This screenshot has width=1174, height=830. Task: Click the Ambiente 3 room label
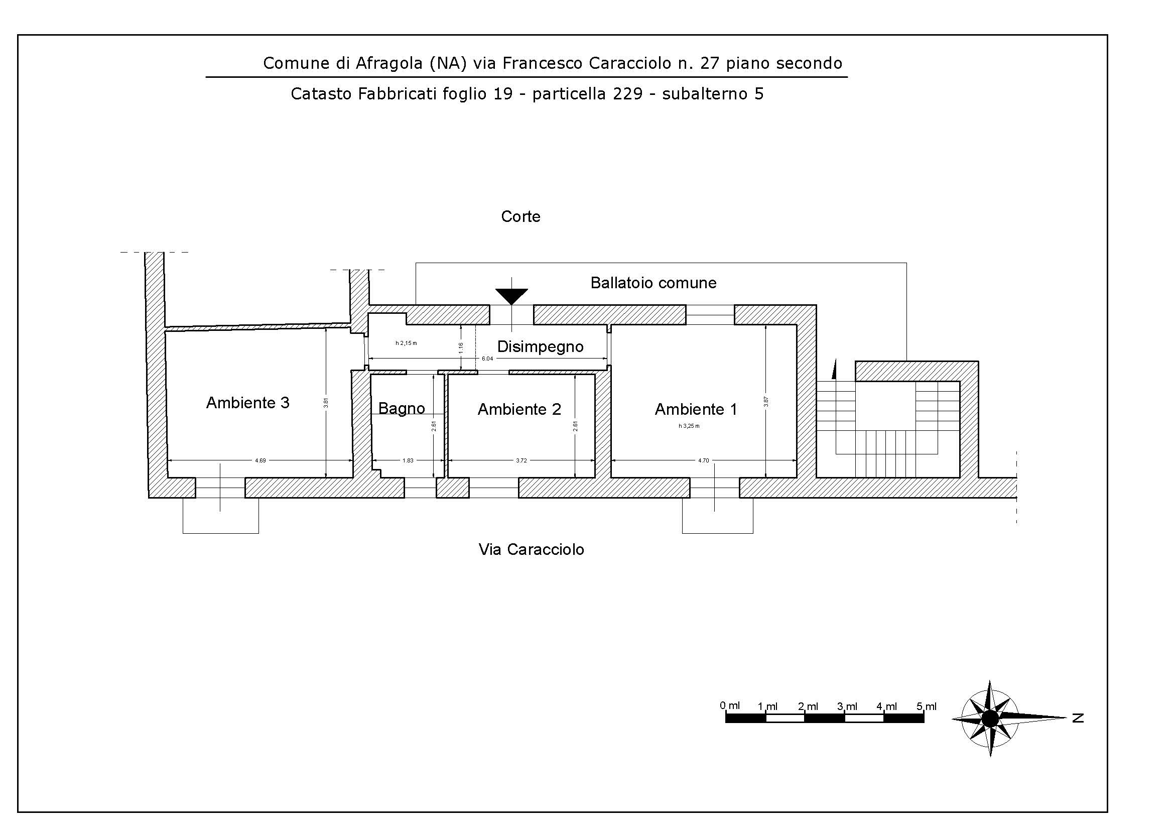[247, 403]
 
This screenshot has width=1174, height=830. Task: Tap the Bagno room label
[402, 409]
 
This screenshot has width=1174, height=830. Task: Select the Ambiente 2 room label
[519, 409]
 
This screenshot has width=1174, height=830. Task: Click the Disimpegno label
[540, 347]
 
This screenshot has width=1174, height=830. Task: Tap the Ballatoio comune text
[654, 283]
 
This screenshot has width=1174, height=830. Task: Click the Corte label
[520, 216]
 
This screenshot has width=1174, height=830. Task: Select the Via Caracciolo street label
[531, 549]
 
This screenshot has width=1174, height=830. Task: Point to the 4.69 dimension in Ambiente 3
[260, 461]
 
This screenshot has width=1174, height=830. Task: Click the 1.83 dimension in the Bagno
[408, 461]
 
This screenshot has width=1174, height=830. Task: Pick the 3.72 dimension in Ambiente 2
[521, 461]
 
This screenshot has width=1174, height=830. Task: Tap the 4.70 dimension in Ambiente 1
[704, 461]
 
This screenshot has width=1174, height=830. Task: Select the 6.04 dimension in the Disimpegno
[487, 359]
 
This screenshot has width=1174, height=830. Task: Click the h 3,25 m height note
[689, 426]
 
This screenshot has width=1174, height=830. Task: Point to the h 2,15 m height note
[406, 343]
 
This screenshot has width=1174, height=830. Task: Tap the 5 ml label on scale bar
[926, 706]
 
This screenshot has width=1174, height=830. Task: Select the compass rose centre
[990, 719]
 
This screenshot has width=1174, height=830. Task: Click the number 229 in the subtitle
[627, 94]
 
